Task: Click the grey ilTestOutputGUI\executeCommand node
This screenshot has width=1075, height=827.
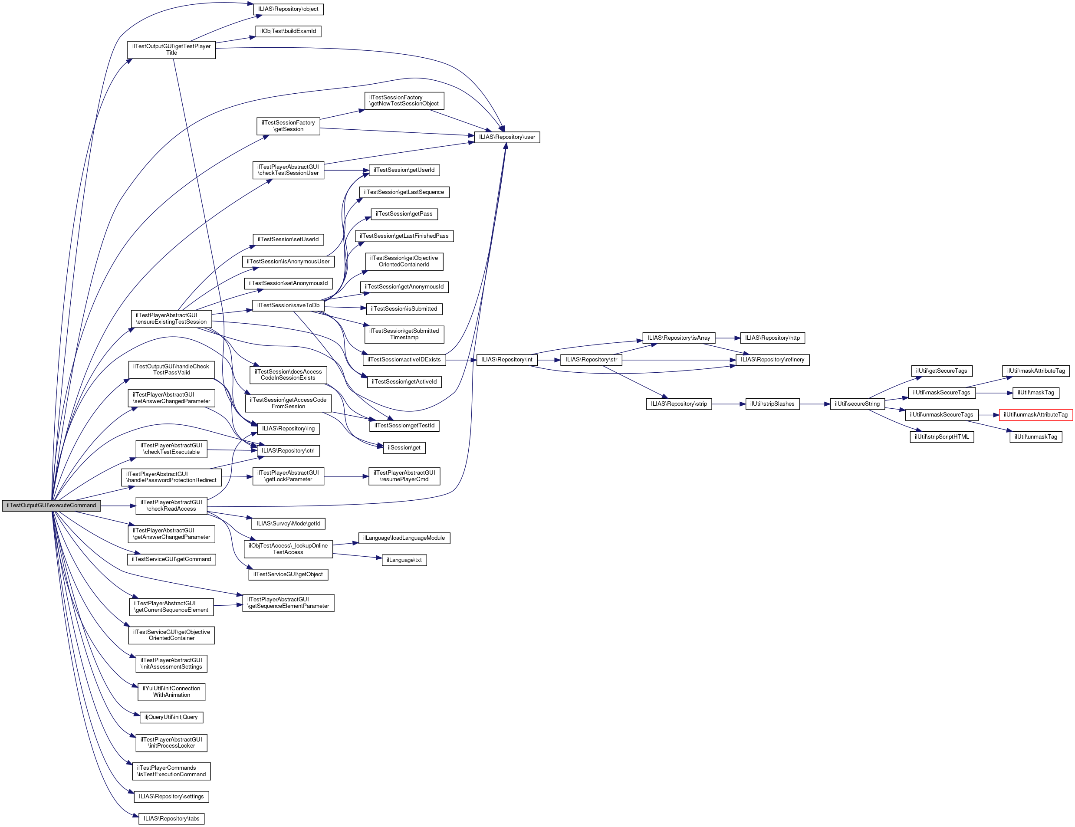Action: point(51,506)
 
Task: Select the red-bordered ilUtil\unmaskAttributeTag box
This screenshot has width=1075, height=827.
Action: point(1036,415)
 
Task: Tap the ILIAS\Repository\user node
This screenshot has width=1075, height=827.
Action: point(507,137)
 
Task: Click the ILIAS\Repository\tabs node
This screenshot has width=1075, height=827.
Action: point(171,819)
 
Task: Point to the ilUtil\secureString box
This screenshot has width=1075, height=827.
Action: point(857,404)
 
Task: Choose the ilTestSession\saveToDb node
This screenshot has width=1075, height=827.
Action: point(288,305)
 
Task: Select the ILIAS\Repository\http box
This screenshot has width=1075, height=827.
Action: point(772,338)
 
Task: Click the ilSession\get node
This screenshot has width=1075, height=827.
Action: point(404,448)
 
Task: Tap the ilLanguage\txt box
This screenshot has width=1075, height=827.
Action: point(404,560)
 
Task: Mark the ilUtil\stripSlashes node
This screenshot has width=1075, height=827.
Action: point(772,404)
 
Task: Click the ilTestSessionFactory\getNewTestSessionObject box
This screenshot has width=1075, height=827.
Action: point(404,101)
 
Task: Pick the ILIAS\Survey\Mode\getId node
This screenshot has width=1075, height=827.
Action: point(288,523)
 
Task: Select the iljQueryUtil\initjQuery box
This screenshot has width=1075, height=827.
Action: point(171,717)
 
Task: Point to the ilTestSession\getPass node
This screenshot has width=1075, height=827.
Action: point(404,214)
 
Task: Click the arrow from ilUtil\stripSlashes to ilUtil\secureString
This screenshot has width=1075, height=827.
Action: point(815,404)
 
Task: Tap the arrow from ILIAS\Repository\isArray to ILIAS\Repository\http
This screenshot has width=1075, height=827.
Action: point(727,338)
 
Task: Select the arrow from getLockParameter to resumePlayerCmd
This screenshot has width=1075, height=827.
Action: point(346,476)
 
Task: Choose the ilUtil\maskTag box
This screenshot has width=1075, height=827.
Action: point(1036,393)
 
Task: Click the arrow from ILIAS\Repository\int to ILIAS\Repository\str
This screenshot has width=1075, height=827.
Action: point(549,360)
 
